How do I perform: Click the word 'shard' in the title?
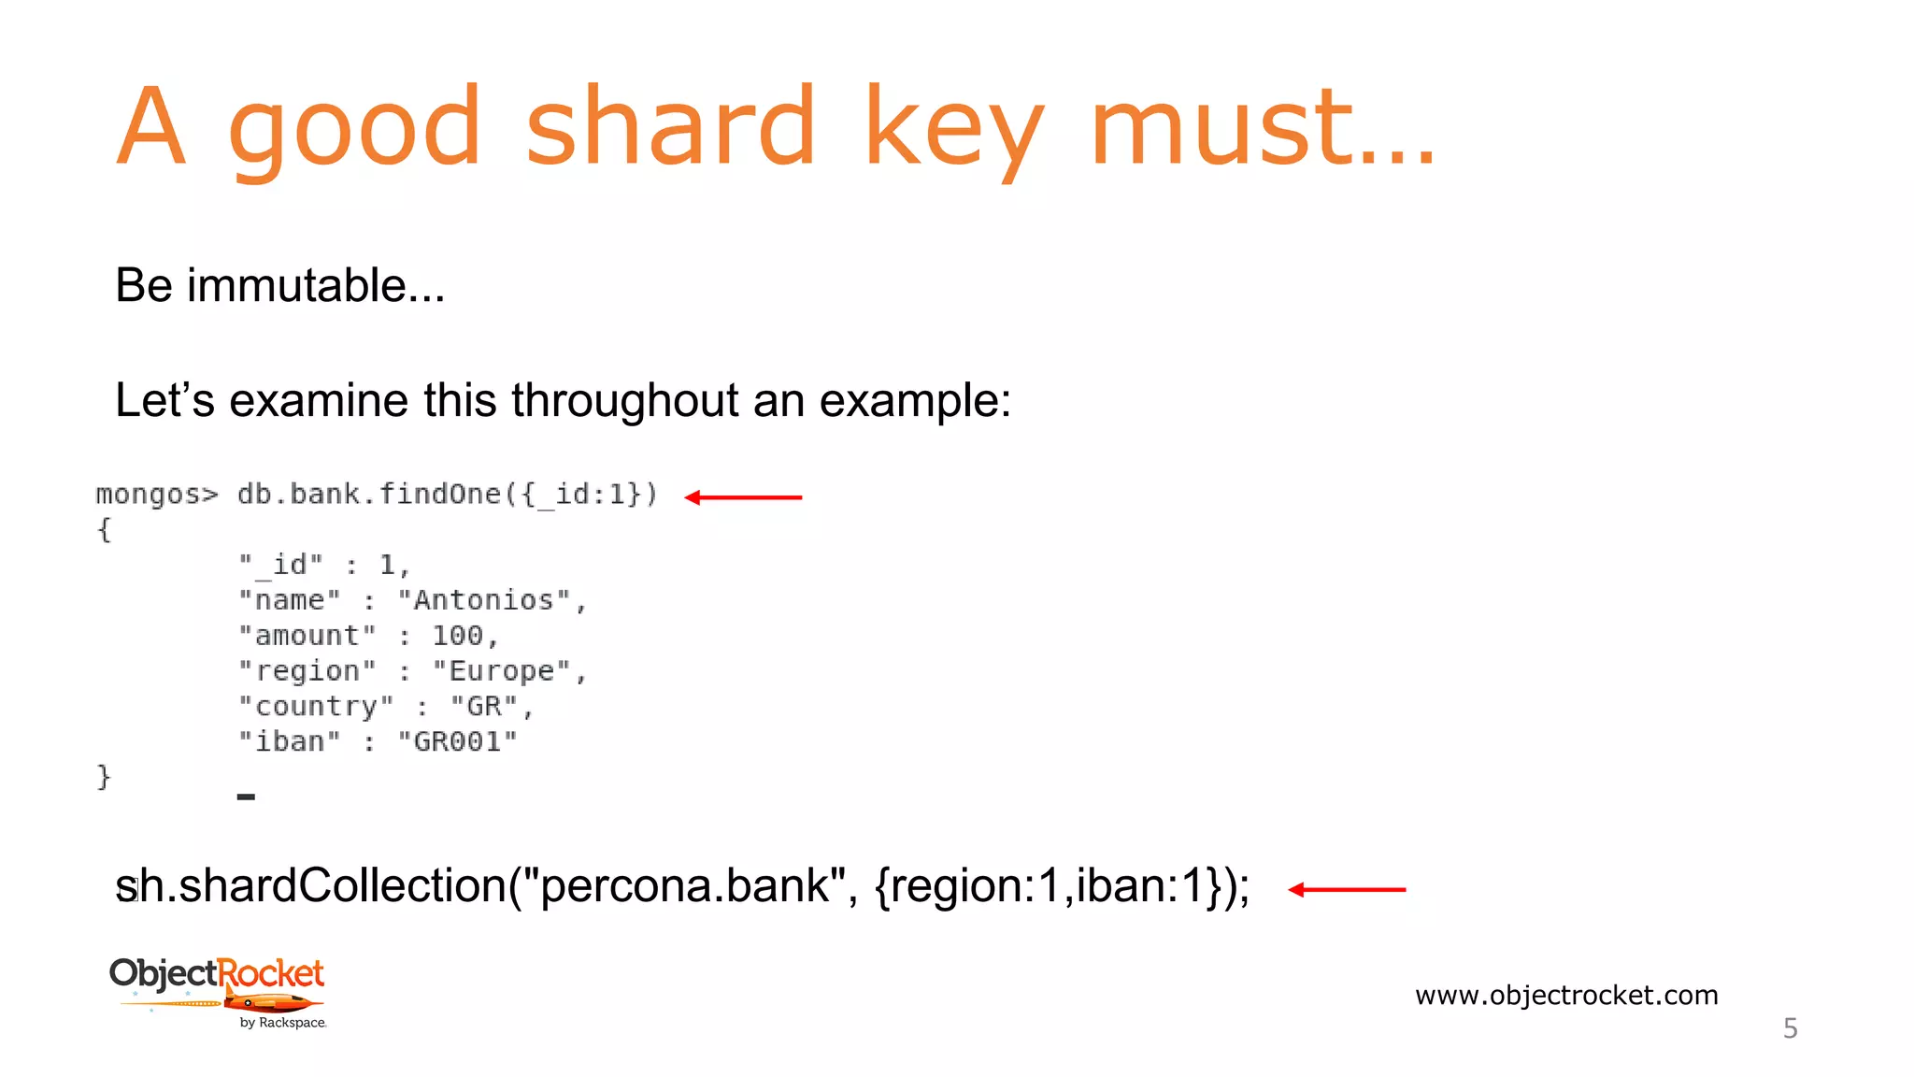[x=670, y=127]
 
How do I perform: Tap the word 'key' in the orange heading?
[x=953, y=131]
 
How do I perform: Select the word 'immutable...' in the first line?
[x=316, y=285]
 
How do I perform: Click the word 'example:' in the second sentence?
[x=915, y=401]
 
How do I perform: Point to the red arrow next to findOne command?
[x=743, y=497]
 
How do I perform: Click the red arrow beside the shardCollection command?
[x=1346, y=889]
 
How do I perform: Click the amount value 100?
[x=458, y=636]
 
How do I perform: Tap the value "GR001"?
[x=457, y=742]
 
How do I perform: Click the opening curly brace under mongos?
[x=104, y=530]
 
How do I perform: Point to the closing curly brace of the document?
[x=104, y=777]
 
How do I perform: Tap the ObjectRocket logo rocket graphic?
[x=271, y=1004]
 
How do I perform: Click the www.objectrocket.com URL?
[x=1566, y=995]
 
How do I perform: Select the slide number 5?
[x=1790, y=1028]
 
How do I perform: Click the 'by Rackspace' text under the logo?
[x=282, y=1023]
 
